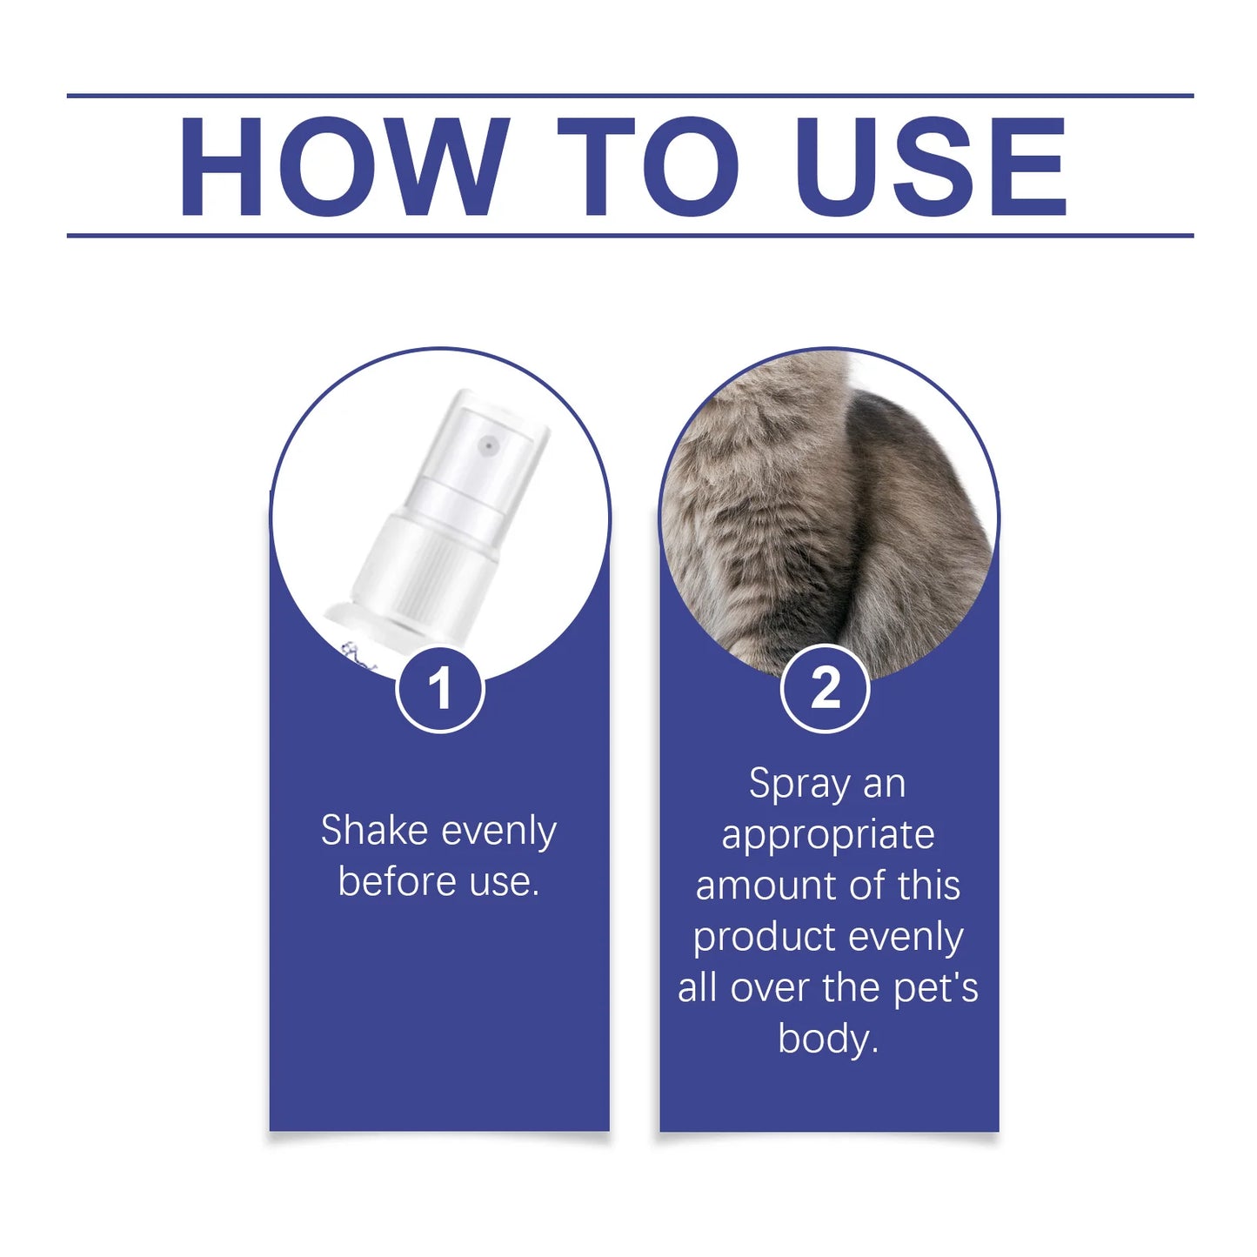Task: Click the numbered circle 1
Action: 439,688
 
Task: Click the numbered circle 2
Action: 825,688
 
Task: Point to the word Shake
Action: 374,830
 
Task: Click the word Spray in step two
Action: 799,784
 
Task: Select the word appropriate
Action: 827,835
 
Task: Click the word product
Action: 764,938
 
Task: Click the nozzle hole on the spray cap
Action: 489,446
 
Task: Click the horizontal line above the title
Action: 630,95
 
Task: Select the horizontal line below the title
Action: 630,235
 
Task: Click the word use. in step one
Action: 505,881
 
